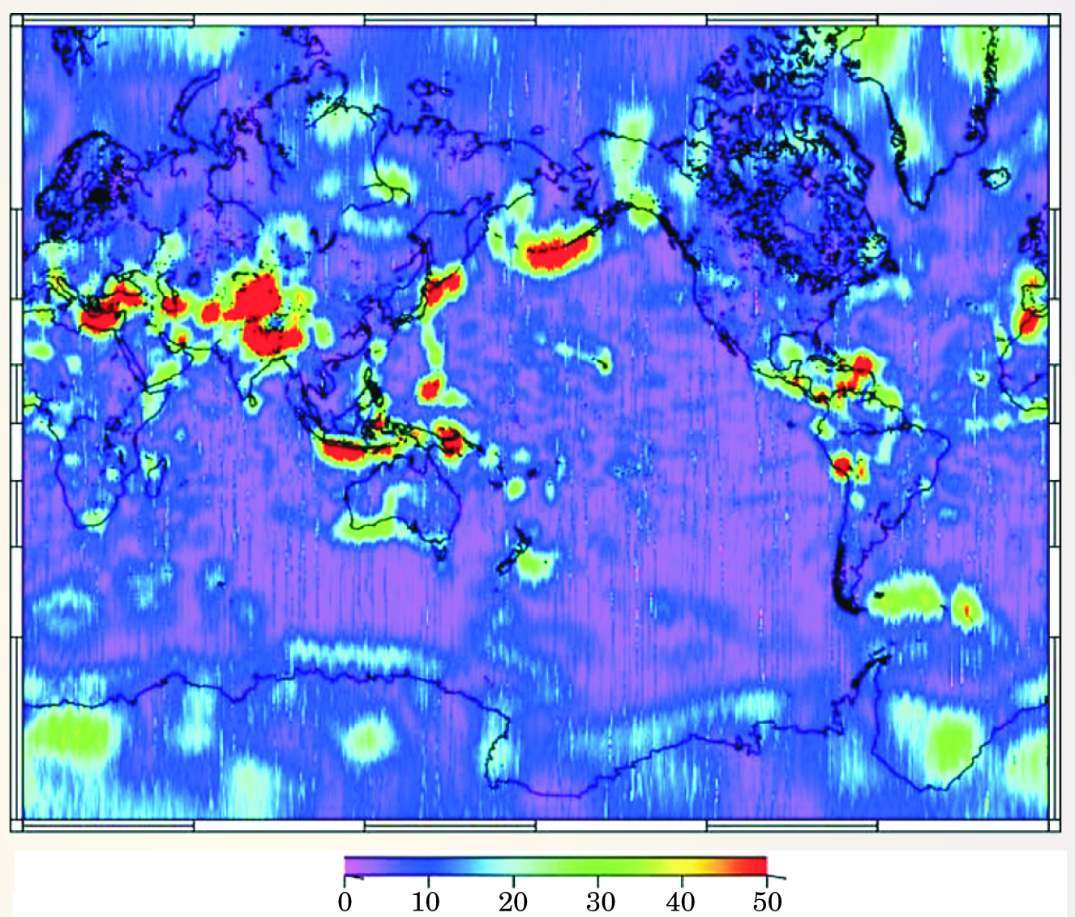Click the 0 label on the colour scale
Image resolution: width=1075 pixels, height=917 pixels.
pos(345,900)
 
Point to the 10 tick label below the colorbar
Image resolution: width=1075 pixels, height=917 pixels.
pos(426,900)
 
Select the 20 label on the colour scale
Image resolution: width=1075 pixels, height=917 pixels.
pos(512,900)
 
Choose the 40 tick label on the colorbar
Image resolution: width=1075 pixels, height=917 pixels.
pos(681,900)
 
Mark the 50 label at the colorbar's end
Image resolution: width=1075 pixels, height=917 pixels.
pos(767,900)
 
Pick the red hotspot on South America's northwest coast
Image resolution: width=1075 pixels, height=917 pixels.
pos(842,465)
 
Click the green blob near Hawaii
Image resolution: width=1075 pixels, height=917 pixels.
pos(602,361)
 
